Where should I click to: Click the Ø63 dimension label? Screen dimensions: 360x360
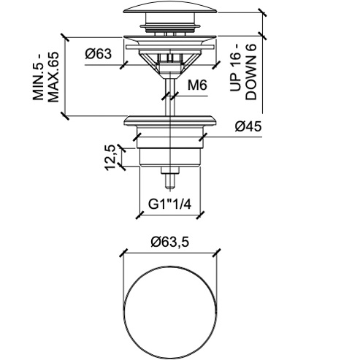[99, 53]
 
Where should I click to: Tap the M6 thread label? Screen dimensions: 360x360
[197, 85]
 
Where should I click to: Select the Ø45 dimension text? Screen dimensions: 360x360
[248, 126]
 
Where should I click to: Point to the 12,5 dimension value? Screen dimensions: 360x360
[110, 158]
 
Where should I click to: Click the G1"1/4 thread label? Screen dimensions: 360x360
[170, 204]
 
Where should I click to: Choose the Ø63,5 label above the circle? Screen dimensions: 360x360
[169, 242]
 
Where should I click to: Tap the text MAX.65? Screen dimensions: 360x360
[53, 77]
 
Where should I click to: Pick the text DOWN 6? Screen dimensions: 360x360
[251, 72]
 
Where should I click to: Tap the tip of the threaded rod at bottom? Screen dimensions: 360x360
[170, 187]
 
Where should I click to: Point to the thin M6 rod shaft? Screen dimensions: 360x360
[170, 96]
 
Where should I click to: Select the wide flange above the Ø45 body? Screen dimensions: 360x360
[170, 120]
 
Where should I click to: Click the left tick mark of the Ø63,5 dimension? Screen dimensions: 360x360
[124, 253]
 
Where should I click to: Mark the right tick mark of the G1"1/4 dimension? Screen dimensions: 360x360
[200, 215]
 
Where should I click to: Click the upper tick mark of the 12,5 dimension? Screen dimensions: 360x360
[121, 148]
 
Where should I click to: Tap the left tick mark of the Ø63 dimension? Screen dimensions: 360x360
[124, 65]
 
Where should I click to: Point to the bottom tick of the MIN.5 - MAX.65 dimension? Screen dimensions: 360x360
[65, 116]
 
